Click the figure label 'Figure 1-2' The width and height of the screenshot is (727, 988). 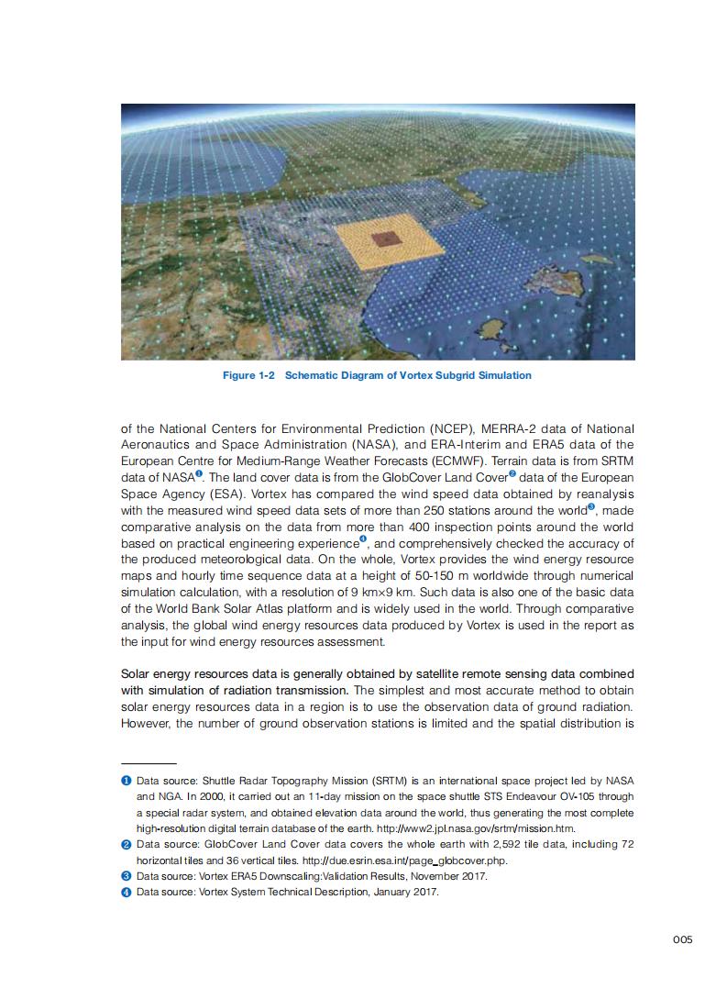coord(249,375)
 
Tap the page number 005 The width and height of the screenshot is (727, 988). coord(682,938)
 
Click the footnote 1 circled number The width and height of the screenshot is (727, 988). coord(126,781)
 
